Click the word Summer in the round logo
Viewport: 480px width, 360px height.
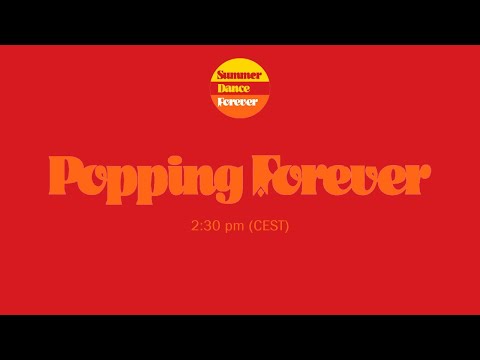click(x=239, y=75)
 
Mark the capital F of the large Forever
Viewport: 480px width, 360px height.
click(x=261, y=174)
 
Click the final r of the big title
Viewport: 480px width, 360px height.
click(x=417, y=178)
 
